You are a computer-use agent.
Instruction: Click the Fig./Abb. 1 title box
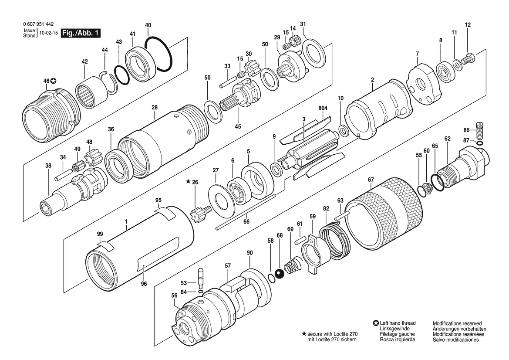[x=81, y=33]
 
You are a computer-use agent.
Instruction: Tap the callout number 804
[x=323, y=108]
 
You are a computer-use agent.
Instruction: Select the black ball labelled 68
[x=280, y=275]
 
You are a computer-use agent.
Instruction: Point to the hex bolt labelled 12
[x=469, y=60]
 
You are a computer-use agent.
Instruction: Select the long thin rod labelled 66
[x=246, y=212]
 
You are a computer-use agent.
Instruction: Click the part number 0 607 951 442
[x=39, y=24]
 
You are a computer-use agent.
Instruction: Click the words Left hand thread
[x=398, y=323]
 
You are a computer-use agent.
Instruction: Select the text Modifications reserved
[x=457, y=323]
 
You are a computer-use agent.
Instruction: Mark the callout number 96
[x=144, y=284]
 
